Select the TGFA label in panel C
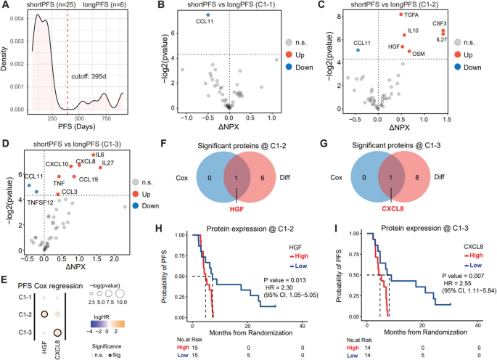click(x=413, y=13)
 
